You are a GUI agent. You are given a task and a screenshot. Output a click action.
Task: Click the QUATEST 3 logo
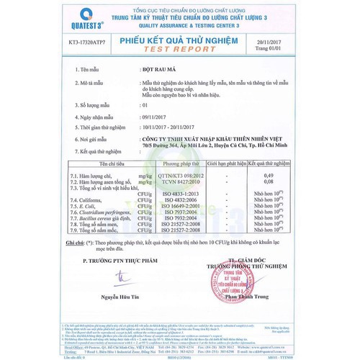click(40, 21)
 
